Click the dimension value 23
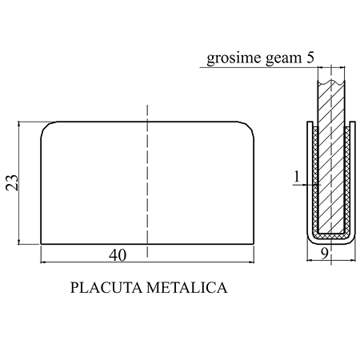[12, 182]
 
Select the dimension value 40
[118, 255]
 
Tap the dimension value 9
[324, 254]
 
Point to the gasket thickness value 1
[297, 177]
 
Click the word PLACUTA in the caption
[106, 288]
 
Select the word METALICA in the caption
[187, 288]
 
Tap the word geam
[283, 59]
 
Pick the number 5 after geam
[310, 58]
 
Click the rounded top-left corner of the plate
[46, 126]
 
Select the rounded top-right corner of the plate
[249, 126]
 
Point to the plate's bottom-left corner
[41, 244]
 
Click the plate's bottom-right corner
[254, 244]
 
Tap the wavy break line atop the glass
[331, 82]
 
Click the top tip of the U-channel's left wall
[310, 122]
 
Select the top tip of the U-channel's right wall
[353, 122]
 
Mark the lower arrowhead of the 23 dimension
[18, 242]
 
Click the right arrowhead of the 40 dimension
[251, 262]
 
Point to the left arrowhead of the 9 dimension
[310, 260]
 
